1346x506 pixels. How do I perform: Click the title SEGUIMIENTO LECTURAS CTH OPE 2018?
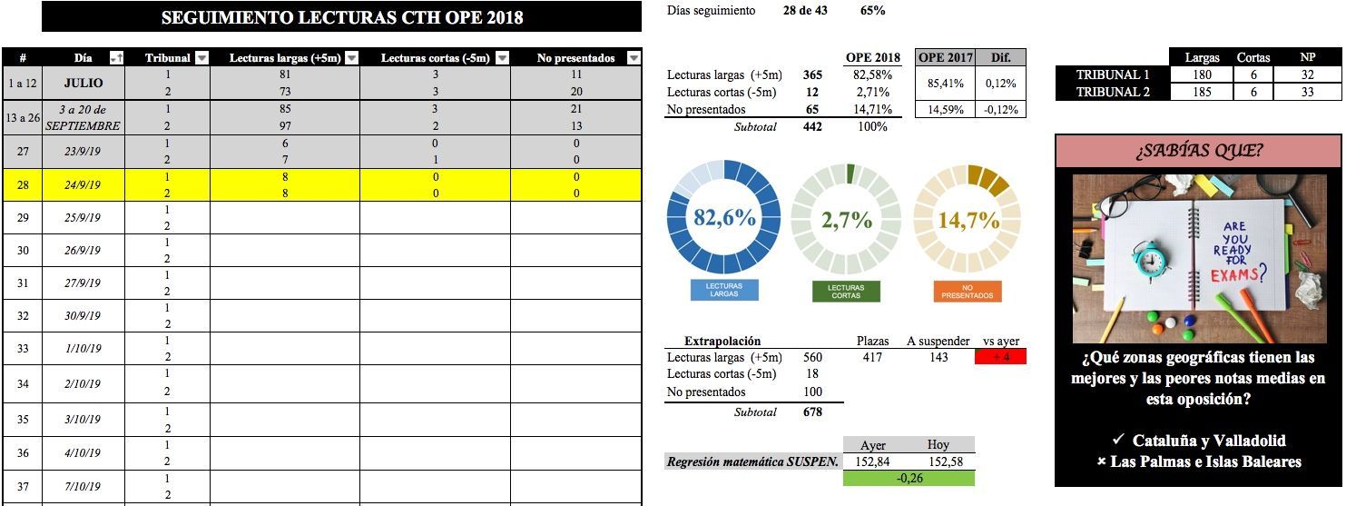point(341,18)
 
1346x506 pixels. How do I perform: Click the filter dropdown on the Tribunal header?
point(201,58)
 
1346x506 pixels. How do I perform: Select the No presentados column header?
point(576,58)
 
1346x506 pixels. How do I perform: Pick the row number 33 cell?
point(23,349)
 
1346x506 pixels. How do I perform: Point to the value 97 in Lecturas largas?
point(285,126)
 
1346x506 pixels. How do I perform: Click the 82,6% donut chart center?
point(723,219)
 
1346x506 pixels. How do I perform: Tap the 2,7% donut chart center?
point(847,219)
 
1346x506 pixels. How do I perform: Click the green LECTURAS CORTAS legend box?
point(847,292)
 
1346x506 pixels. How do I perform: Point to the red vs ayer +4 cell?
point(1000,357)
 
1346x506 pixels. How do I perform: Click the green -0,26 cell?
point(909,478)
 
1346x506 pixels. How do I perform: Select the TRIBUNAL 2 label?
point(1112,92)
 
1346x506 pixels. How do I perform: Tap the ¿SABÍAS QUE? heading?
point(1198,152)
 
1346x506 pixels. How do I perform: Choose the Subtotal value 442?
point(813,127)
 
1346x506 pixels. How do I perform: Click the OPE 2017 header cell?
point(945,57)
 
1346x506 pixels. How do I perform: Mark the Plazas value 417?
point(872,357)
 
